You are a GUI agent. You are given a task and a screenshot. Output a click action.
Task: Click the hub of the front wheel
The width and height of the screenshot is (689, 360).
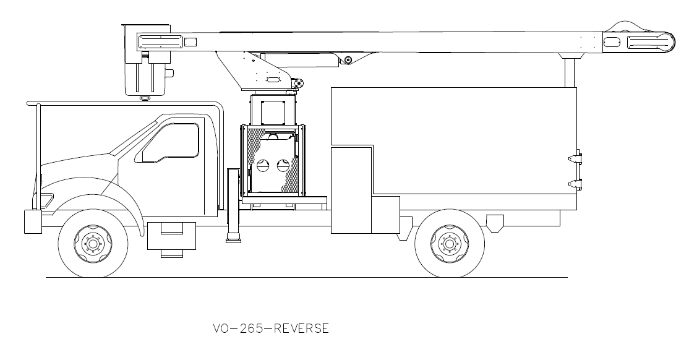coord(93,243)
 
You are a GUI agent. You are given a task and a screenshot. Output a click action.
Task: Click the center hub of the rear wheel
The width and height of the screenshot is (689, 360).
coord(450,243)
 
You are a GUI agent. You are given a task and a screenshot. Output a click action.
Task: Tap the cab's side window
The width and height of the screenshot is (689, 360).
coord(171,142)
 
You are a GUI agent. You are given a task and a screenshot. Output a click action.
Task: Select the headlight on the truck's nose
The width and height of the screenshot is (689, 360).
coord(45,199)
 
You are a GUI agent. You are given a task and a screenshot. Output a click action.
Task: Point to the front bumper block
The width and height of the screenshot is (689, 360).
coord(32,221)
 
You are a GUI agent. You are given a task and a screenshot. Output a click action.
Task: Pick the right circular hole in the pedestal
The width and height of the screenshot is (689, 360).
coord(284,165)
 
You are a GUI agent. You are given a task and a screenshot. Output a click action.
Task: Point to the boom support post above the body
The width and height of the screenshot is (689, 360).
coord(570,72)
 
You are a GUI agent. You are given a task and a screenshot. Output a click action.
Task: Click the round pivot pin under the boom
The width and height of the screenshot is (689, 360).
coord(348,60)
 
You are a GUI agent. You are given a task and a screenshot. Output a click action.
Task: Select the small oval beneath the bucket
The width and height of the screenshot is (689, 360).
coord(145,98)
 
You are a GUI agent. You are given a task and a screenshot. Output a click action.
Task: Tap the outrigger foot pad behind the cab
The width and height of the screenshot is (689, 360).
coord(234,238)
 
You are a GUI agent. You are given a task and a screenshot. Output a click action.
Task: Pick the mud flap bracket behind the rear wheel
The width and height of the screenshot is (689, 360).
coord(495,222)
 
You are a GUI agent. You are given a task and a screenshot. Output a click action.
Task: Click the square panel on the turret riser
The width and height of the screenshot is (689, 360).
coord(270,111)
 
